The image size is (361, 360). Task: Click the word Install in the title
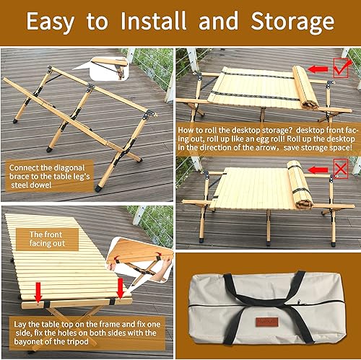(155, 22)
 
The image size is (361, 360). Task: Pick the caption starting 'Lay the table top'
(87, 336)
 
